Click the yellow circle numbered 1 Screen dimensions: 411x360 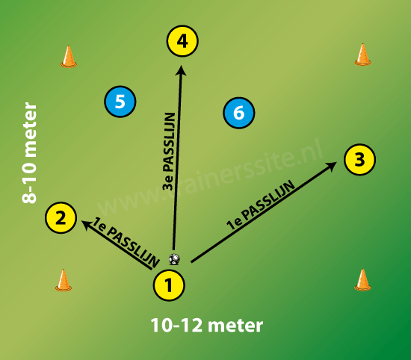169,285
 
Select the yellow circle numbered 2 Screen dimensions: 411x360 61,218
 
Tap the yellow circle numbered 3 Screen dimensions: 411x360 359,159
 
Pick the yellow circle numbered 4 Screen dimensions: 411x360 182,41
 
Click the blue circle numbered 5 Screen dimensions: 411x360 120,102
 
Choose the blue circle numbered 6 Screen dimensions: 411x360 239,113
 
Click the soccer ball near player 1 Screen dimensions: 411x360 174,259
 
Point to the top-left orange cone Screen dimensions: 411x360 69,56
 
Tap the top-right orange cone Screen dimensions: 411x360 362,55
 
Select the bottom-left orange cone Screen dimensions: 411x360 64,280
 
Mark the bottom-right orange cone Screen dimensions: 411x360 362,280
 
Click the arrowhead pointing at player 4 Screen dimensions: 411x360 181,70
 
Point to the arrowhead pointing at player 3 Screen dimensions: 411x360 331,167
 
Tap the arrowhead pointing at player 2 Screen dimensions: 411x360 87,226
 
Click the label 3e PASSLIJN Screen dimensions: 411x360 169,152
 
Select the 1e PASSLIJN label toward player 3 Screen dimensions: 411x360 261,205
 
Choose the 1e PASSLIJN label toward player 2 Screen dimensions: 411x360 126,243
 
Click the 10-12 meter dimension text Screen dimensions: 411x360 207,325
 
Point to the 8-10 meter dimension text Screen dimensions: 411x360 29,153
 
